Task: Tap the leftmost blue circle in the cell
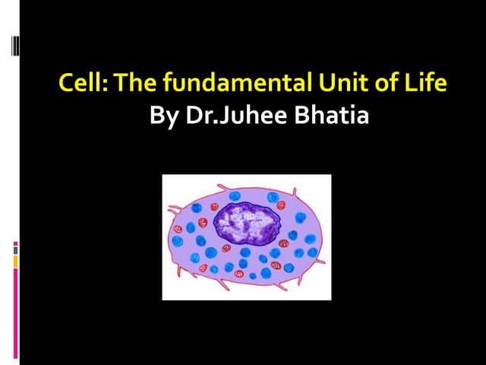coord(178,241)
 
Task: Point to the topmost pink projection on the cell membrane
coord(220,187)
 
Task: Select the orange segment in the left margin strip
coord(15,262)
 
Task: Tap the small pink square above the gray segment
coord(15,243)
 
